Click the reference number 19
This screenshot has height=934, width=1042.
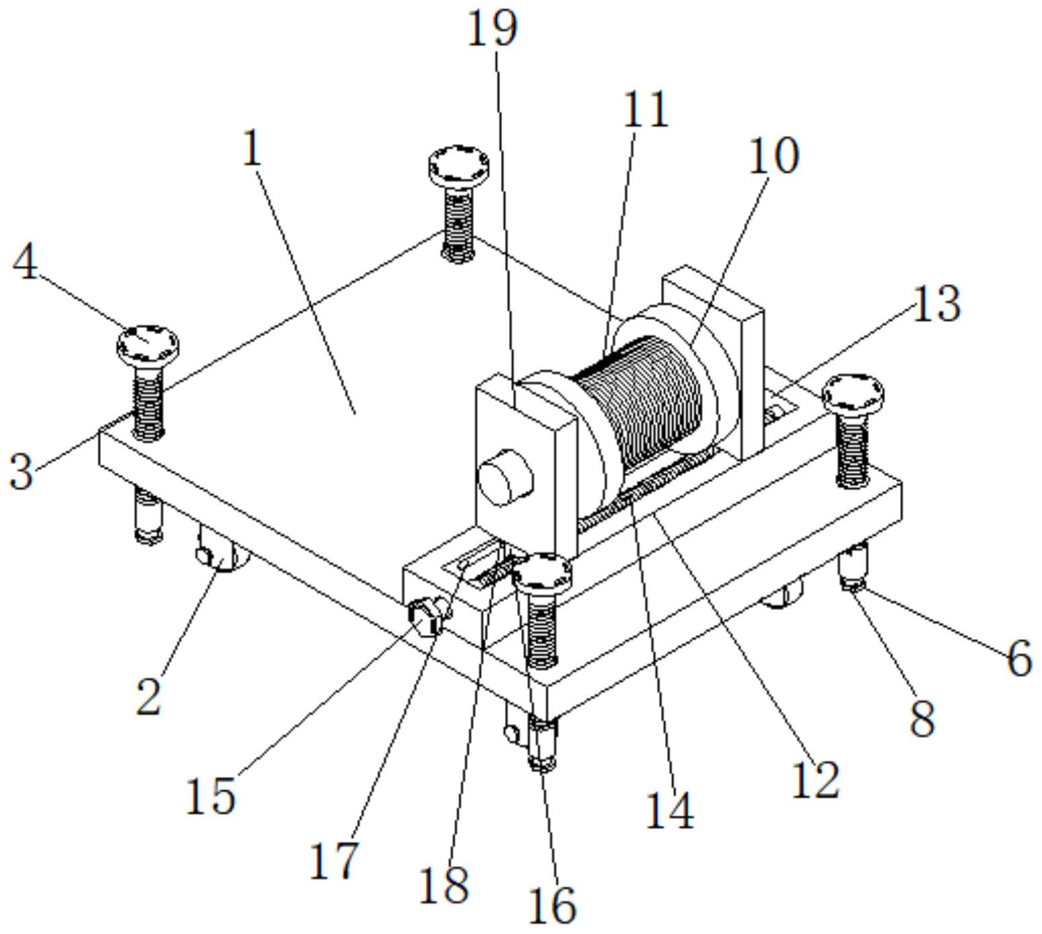point(493,29)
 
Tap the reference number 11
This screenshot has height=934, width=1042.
point(645,109)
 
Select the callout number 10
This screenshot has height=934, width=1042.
point(774,156)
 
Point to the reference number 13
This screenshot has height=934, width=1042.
point(936,303)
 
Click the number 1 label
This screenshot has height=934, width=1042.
point(252,148)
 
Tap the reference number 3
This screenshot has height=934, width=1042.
point(21,471)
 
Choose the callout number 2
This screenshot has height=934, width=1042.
point(149,696)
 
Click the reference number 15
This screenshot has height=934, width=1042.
point(210,795)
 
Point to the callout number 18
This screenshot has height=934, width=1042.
point(444,884)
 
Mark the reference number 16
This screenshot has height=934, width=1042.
point(552,904)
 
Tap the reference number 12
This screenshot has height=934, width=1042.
point(815,780)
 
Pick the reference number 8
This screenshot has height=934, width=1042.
point(922,718)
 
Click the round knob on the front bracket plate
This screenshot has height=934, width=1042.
point(505,476)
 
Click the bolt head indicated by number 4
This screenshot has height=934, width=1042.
point(147,343)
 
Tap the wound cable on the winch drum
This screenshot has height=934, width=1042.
point(639,404)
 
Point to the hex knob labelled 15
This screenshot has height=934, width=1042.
point(425,615)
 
